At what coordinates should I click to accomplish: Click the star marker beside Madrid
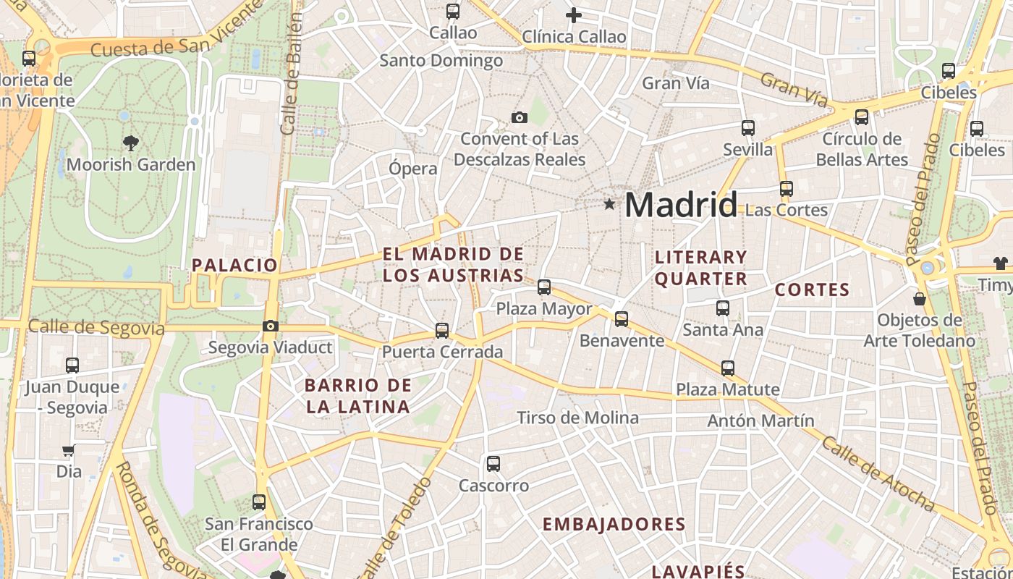(x=610, y=205)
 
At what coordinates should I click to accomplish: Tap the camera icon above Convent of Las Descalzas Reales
(x=519, y=117)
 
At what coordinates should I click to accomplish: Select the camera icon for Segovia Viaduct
(x=271, y=326)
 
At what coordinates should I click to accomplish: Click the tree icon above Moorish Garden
(x=131, y=143)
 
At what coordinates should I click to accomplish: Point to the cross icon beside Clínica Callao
(x=574, y=14)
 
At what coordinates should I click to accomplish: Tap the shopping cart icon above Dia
(x=69, y=451)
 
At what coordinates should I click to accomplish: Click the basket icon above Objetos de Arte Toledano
(x=920, y=298)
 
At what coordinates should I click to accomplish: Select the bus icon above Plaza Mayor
(x=544, y=287)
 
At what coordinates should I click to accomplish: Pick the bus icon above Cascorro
(x=493, y=464)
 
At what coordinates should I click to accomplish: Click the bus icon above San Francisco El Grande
(x=259, y=502)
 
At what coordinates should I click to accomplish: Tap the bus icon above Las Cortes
(x=787, y=189)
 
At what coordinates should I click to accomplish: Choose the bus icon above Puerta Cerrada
(x=442, y=331)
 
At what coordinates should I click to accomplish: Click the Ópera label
(x=413, y=169)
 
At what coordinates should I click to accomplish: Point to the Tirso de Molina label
(x=577, y=418)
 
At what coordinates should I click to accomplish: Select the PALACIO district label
(x=234, y=265)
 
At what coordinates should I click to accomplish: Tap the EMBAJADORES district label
(x=614, y=525)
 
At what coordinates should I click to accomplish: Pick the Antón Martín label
(x=760, y=420)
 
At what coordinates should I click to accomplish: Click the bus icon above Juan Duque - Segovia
(x=72, y=365)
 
